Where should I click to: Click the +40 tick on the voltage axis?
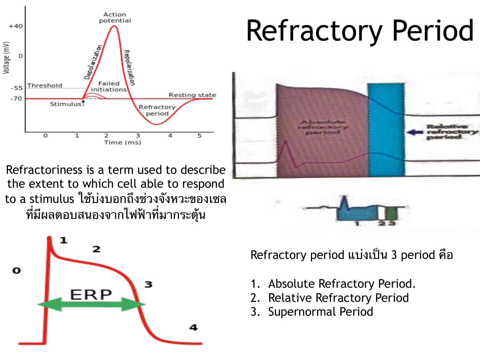[16, 26]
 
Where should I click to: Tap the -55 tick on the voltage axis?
[17, 88]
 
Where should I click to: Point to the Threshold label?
[45, 86]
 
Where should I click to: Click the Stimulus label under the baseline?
[66, 104]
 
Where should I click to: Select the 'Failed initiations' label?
[109, 87]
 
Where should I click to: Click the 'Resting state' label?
[192, 95]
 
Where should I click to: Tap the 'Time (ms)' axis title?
[123, 143]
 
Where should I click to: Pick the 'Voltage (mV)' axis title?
[6, 58]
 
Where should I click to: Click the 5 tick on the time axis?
[199, 136]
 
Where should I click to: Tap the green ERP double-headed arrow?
[91, 304]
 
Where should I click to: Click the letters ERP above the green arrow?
[91, 295]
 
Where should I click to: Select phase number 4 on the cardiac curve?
[193, 327]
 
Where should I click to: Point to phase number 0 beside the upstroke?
[17, 271]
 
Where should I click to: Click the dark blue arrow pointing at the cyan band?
[415, 132]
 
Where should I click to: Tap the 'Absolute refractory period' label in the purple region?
[323, 127]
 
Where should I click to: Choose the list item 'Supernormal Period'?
[320, 312]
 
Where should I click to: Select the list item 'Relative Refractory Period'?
[338, 298]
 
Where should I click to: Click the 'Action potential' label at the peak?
[115, 18]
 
